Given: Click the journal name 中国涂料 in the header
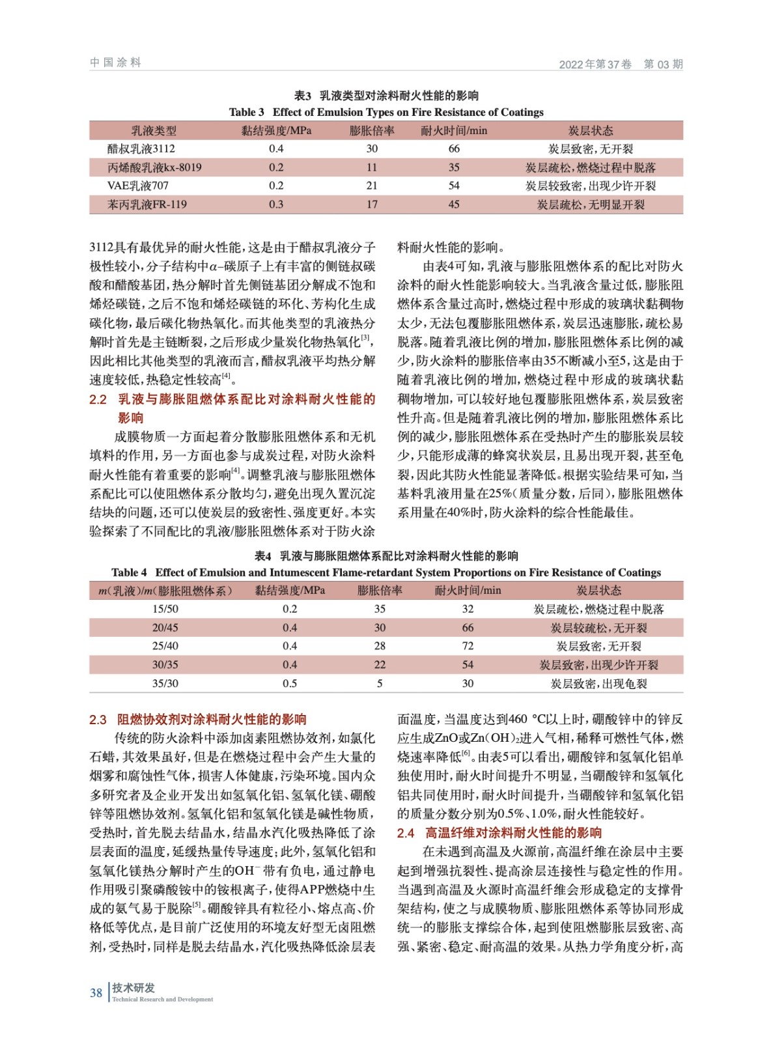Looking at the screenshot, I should pos(115,63).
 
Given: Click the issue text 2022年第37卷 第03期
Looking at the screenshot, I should pos(621,64).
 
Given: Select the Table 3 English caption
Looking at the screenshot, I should pos(386,112).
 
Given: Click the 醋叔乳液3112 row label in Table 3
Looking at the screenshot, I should pos(141,148).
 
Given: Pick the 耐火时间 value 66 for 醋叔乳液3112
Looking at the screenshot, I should pos(454,148).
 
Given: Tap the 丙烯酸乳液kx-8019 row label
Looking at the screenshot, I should pos(154,167).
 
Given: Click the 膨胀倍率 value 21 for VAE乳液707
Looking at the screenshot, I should pos(372,186).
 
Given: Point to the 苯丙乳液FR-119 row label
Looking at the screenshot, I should pos(147,204).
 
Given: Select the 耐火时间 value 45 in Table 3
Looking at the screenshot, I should pos(454,204).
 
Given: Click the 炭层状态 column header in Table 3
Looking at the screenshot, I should pos(591,130).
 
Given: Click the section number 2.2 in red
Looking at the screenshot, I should pos(98,399).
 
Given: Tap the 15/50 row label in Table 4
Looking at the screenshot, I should pos(165,609).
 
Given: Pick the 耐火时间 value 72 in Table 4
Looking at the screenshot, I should pos(468,646).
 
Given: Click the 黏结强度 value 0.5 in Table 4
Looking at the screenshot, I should pos(290,684).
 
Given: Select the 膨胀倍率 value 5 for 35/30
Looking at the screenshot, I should pos(380,684).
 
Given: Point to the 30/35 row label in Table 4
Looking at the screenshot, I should pos(165,665).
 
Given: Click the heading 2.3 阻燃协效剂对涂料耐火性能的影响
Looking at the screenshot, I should pos(198,720).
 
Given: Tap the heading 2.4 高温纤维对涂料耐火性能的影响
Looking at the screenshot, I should pos(499,833).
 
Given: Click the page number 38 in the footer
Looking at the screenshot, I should pos(96,993).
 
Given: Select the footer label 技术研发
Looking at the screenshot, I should pos(134,988).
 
